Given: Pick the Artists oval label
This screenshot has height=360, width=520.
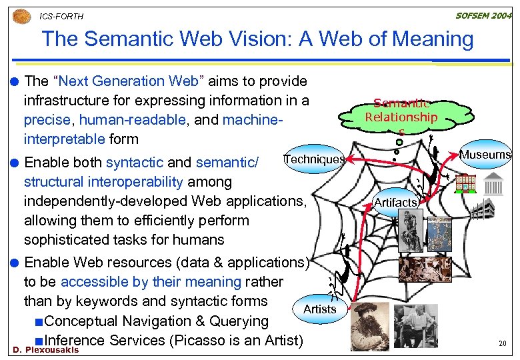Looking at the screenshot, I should (319, 309).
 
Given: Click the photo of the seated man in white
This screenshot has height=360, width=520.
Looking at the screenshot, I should (415, 326).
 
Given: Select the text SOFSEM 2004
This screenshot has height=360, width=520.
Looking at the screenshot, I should (483, 15).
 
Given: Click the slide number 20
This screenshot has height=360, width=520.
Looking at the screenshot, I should (503, 344).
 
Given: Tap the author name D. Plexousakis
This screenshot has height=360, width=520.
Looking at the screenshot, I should (45, 350).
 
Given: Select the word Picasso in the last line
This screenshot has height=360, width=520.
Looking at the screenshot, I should (195, 340).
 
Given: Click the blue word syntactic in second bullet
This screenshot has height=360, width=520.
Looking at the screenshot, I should (134, 162).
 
